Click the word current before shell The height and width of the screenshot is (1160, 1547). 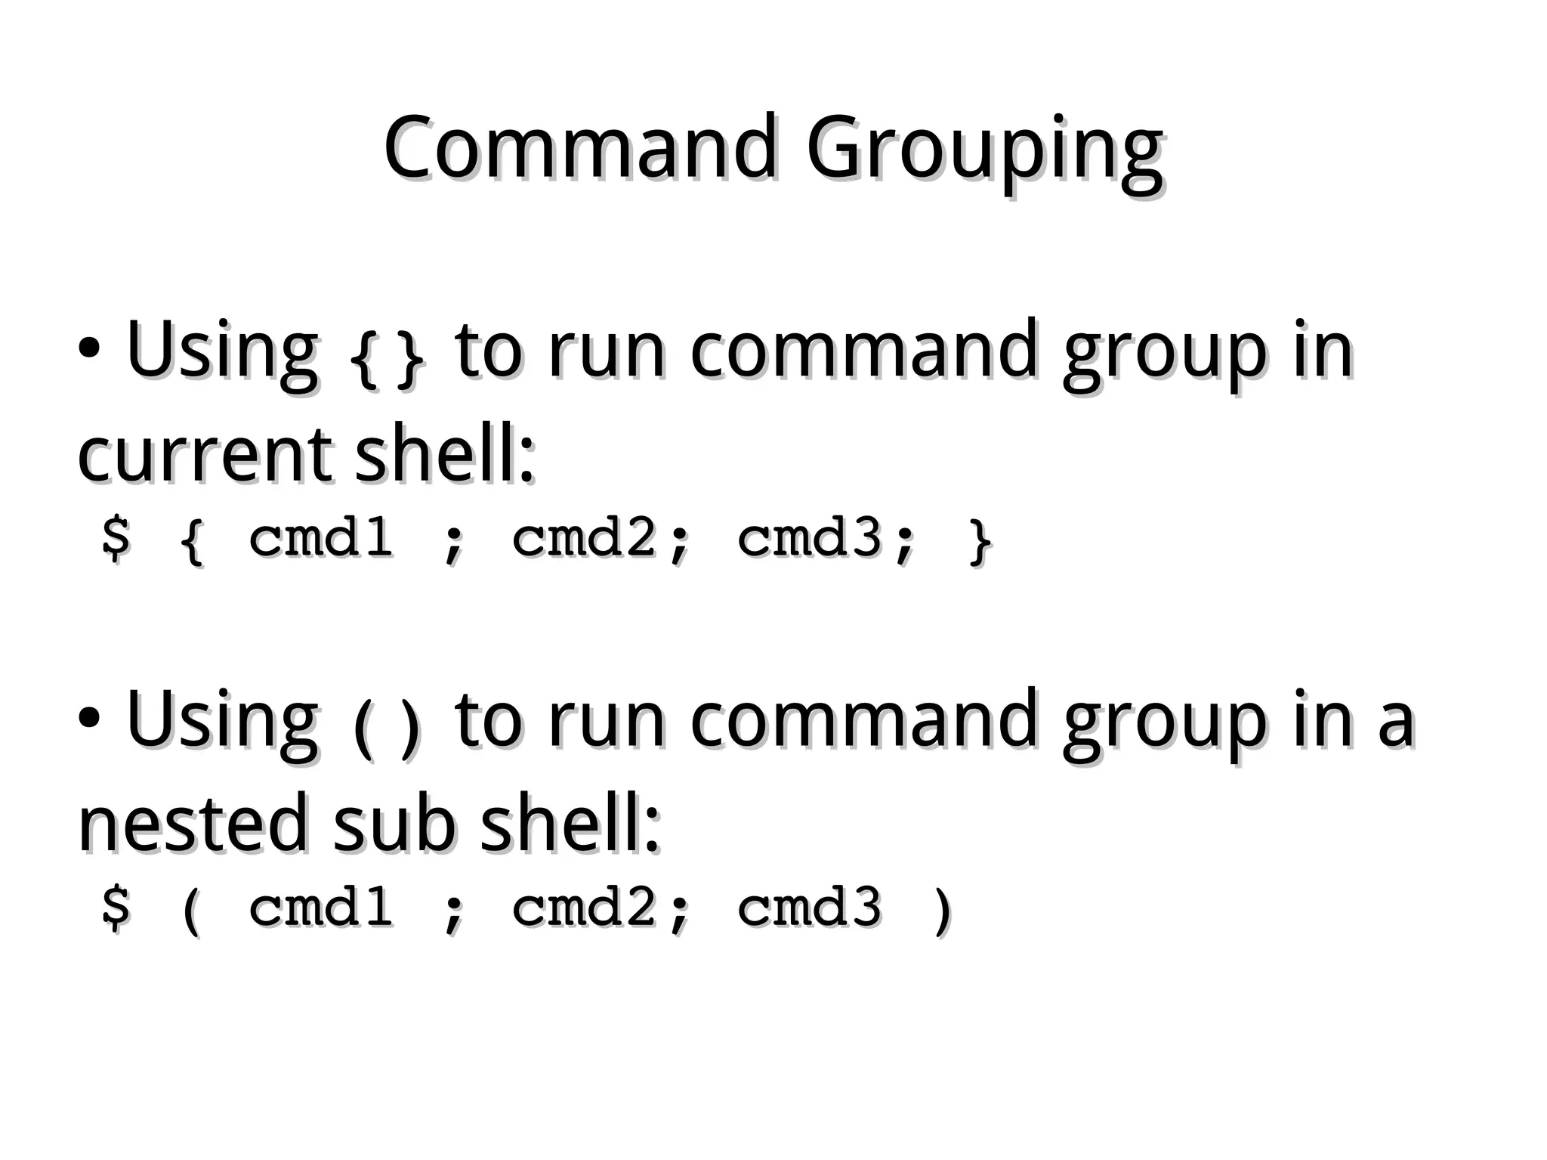click(x=204, y=455)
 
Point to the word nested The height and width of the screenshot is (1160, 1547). click(x=193, y=824)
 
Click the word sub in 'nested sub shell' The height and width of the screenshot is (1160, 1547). click(x=394, y=824)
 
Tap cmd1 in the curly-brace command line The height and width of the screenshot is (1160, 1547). click(x=321, y=538)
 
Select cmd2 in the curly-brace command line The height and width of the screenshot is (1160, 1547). click(x=583, y=538)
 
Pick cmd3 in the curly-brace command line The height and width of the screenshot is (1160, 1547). click(x=809, y=538)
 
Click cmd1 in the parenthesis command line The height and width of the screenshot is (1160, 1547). click(x=321, y=907)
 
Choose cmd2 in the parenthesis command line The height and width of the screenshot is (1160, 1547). click(x=583, y=907)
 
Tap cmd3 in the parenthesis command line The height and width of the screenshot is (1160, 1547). click(x=809, y=907)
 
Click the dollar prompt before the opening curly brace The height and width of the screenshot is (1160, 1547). click(x=116, y=538)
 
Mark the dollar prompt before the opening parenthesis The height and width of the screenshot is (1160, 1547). click(x=116, y=907)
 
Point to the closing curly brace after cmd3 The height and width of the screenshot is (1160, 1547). click(x=980, y=540)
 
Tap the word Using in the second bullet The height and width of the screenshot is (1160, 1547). click(x=222, y=722)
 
